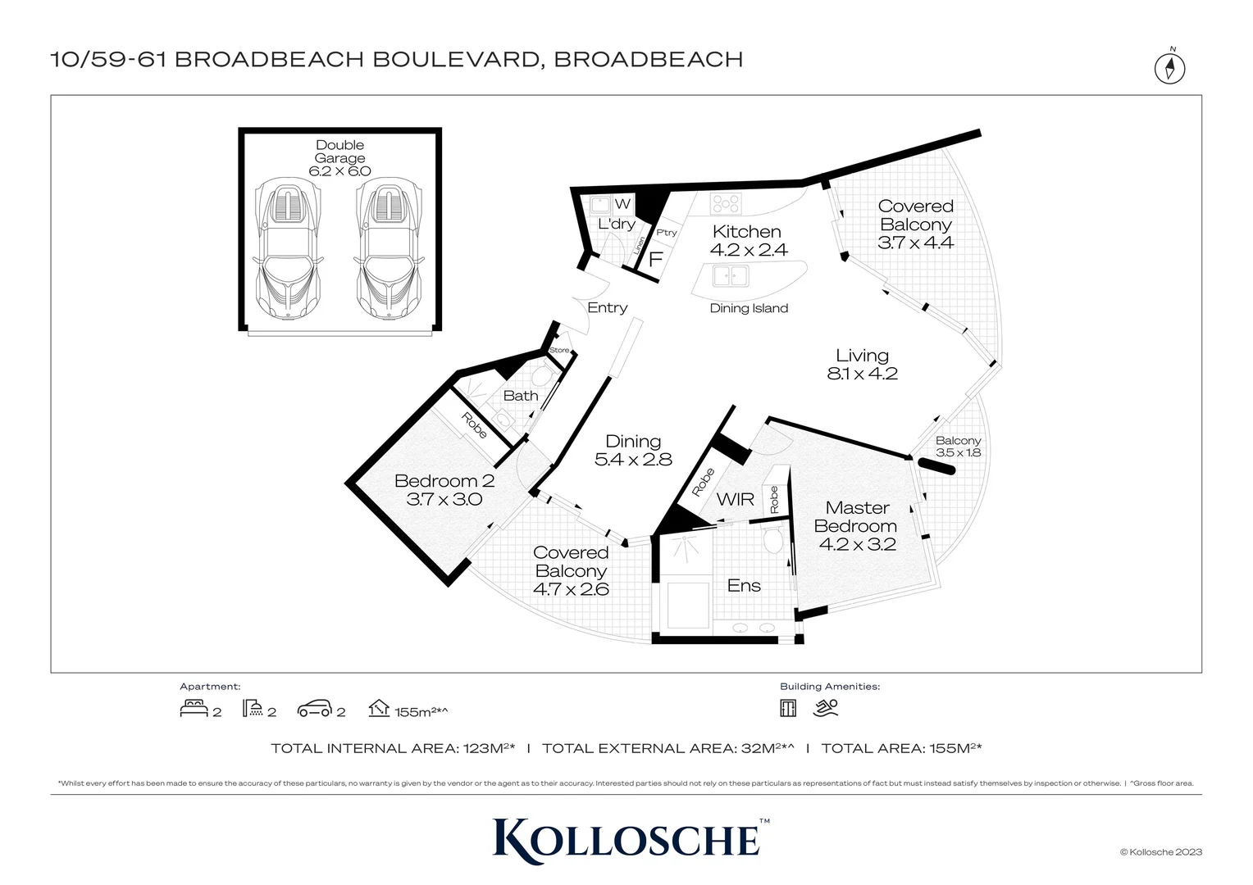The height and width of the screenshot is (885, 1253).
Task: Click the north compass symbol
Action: (1170, 67)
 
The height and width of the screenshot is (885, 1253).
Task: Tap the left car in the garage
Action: (287, 251)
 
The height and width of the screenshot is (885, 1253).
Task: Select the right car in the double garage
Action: (389, 251)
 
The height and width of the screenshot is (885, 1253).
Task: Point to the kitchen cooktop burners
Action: (726, 202)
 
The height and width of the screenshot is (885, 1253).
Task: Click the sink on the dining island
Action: (730, 276)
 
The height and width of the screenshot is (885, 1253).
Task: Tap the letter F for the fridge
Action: (655, 260)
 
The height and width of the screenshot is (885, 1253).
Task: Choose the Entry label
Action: (607, 307)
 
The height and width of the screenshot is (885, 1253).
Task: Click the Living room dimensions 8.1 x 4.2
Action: (862, 374)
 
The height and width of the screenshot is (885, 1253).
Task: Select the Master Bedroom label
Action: (857, 517)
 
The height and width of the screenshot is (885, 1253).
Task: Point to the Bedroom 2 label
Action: (444, 481)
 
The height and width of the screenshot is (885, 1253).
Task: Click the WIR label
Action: (735, 499)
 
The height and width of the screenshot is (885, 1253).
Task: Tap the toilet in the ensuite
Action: (772, 539)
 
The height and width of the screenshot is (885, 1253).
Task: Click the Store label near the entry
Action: (559, 350)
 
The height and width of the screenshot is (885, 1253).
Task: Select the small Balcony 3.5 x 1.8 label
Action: (958, 446)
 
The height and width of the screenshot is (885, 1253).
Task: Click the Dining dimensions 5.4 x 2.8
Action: (633, 460)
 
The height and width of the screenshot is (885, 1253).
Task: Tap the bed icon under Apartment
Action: (194, 708)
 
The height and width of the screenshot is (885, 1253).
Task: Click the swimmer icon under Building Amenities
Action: (826, 708)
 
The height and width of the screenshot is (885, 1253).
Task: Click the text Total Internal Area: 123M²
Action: (393, 748)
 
